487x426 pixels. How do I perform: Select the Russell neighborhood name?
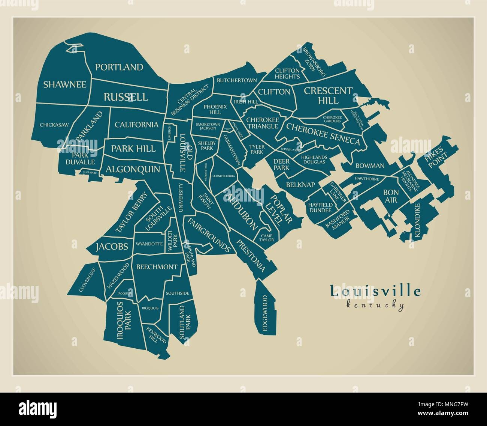(x=125, y=97)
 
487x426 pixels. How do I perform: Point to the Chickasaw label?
(x=54, y=125)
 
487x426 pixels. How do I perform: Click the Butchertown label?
(x=237, y=80)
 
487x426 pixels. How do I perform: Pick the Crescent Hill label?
(x=328, y=95)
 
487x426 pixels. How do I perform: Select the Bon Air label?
(x=390, y=196)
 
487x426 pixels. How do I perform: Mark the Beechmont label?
(x=157, y=267)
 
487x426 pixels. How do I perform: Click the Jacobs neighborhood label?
(x=112, y=247)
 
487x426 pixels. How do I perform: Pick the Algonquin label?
(x=133, y=169)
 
